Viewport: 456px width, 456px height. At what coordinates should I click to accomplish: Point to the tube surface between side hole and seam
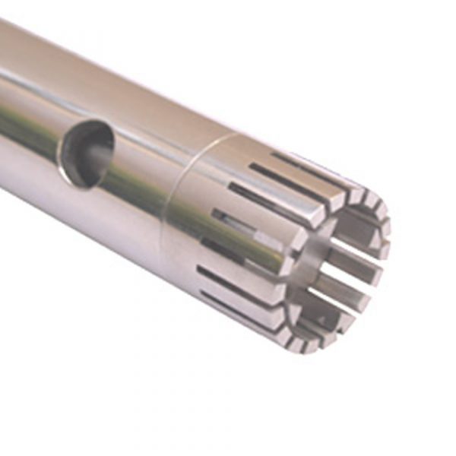pyautogui.click(x=141, y=182)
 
